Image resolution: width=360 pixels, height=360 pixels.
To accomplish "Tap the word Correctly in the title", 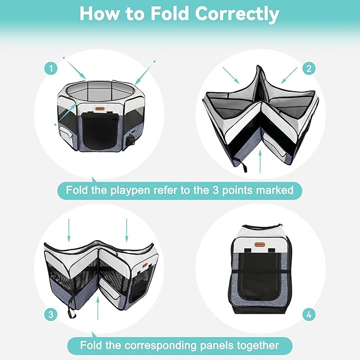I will click(x=237, y=14).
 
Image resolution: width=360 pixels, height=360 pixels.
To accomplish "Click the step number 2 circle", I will click(x=309, y=68).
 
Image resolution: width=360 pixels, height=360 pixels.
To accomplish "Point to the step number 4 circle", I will click(x=309, y=314).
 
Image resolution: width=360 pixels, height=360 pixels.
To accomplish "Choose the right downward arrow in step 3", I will click(x=126, y=229).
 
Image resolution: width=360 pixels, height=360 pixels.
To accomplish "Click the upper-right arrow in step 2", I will click(x=289, y=75).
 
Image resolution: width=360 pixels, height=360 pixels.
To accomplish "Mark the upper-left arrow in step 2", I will click(x=232, y=75).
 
